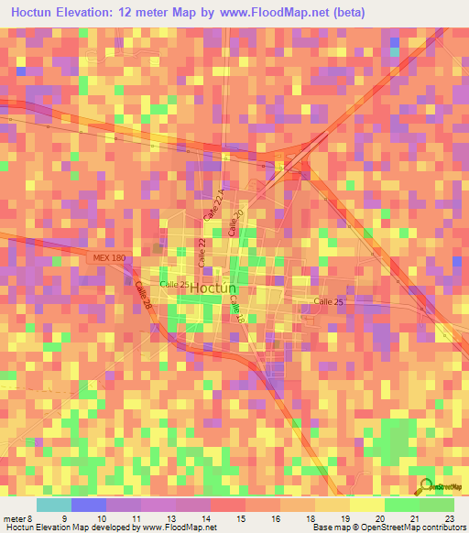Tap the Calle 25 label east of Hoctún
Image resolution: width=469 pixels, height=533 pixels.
pyautogui.click(x=328, y=301)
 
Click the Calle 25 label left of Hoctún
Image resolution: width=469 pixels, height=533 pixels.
pyautogui.click(x=174, y=284)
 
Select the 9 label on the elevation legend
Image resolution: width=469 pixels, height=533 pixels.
pyautogui.click(x=63, y=517)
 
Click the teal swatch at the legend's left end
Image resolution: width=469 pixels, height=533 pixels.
pyautogui.click(x=53, y=505)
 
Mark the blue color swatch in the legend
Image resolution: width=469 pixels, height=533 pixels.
pyautogui.click(x=88, y=505)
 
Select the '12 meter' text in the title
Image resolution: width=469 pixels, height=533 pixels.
pyautogui.click(x=168, y=12)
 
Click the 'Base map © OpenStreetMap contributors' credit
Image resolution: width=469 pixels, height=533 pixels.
pyautogui.click(x=388, y=528)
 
